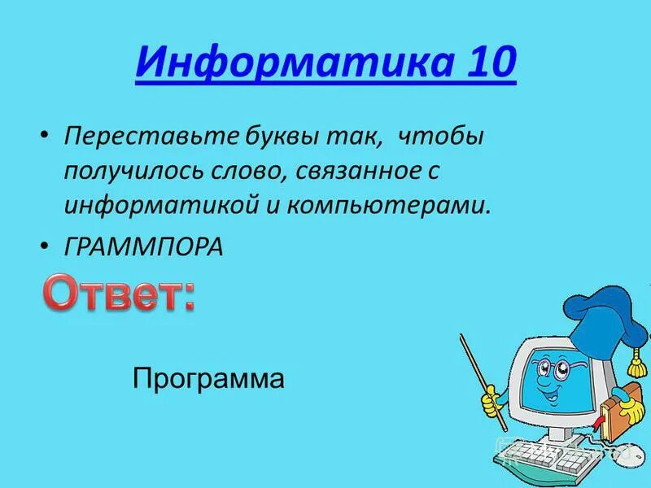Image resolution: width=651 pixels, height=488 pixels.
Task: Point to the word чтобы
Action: (440, 136)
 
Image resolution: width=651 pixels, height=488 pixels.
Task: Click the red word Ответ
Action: (118, 295)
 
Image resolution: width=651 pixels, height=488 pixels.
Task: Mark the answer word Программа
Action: (208, 379)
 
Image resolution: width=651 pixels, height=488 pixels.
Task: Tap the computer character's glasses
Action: (557, 369)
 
